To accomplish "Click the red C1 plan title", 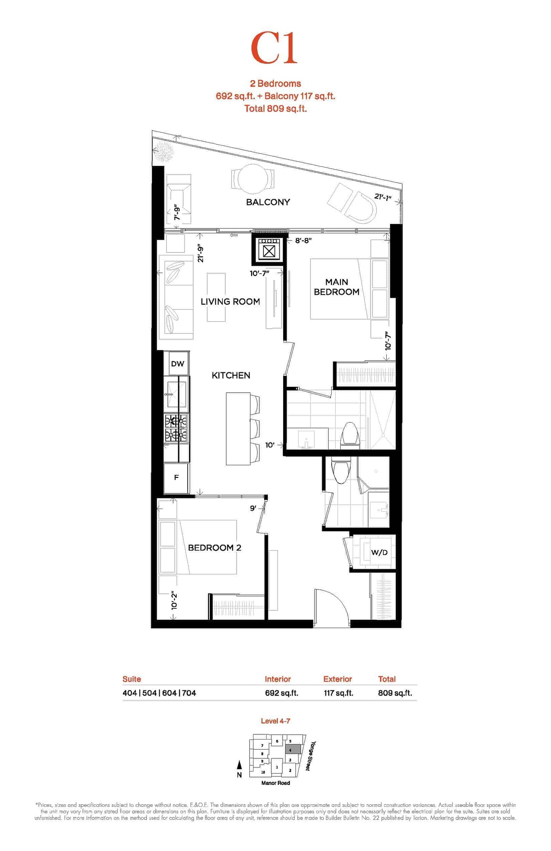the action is [x=274, y=48].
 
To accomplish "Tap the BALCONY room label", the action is [x=268, y=202].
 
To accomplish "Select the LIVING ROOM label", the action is [x=230, y=301].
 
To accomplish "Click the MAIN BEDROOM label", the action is [x=336, y=287].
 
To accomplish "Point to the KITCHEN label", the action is [x=231, y=375].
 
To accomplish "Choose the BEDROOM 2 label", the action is [x=215, y=547].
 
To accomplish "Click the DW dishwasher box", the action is [x=177, y=363].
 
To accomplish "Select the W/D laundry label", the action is [x=379, y=552].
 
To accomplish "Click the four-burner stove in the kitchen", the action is [x=176, y=428].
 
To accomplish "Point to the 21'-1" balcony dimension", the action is [x=383, y=196].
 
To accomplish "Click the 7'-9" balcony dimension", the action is [x=177, y=212].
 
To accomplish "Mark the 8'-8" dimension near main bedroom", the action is [x=303, y=241].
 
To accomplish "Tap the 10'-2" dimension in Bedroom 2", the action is [x=174, y=600].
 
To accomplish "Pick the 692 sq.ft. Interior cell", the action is [x=282, y=693].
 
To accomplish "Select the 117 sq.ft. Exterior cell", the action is [x=339, y=693].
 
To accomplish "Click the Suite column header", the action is [x=132, y=679].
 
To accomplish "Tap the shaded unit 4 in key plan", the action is [x=292, y=750].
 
